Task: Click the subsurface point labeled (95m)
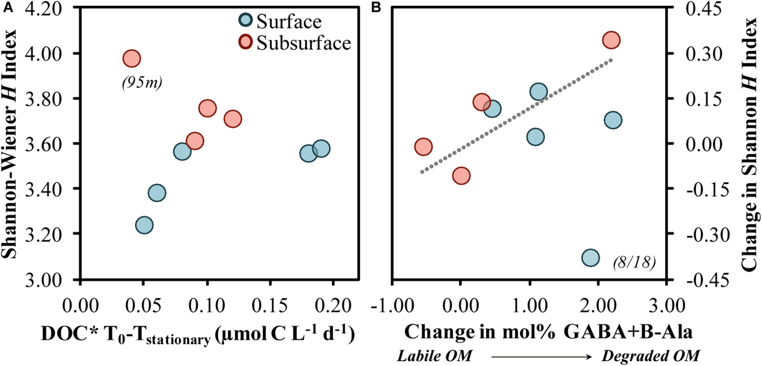131,58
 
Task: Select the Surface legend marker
245,20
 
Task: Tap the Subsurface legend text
304,43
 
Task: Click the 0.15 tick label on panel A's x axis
270,306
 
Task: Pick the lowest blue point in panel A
144,225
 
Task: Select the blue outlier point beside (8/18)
590,258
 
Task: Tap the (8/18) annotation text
634,262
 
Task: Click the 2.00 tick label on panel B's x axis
598,306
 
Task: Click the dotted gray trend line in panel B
515,117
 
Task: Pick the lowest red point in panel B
461,176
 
